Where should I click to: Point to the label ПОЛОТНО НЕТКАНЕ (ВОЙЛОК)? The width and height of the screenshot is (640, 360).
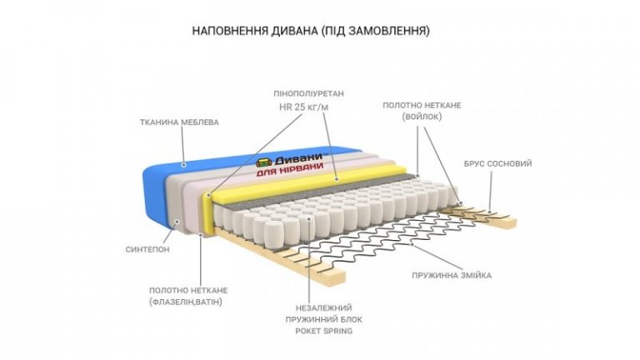pos(422,112)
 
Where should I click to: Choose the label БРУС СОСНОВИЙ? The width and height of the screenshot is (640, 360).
pos(497,164)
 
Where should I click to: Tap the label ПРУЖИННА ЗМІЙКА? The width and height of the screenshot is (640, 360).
pos(452,275)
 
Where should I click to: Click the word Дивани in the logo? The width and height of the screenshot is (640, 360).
pos(300,157)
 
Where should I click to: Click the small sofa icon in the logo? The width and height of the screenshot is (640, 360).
pos(262,162)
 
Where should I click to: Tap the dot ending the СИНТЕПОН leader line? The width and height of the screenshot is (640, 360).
pos(177,222)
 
